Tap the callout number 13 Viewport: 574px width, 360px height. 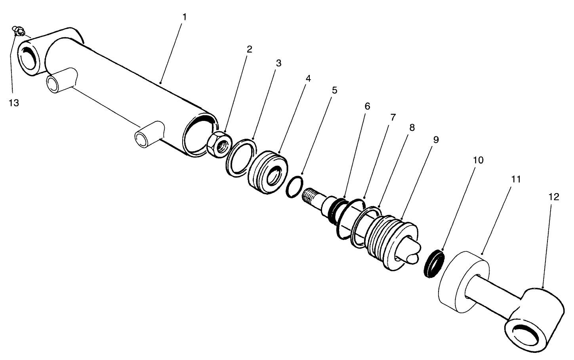click(x=13, y=103)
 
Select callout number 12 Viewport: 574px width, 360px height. click(x=554, y=197)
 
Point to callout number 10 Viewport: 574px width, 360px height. click(x=478, y=160)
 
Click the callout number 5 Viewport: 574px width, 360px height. click(x=334, y=90)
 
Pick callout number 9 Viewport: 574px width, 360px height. click(x=436, y=140)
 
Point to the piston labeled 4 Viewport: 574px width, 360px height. click(x=267, y=172)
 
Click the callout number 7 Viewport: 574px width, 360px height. click(x=393, y=117)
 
